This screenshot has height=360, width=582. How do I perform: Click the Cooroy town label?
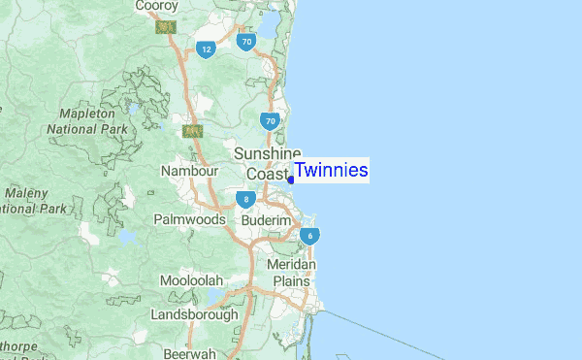tap(156, 7)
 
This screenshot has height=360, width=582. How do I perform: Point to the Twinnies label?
tap(331, 171)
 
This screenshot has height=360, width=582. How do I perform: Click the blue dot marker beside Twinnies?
tap(291, 180)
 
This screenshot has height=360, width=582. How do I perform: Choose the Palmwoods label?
tap(189, 219)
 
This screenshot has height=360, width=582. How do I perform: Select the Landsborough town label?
tap(194, 314)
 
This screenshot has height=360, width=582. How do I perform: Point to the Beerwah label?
tap(189, 353)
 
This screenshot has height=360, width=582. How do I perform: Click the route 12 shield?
tap(205, 49)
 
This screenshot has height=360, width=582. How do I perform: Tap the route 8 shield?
tap(246, 199)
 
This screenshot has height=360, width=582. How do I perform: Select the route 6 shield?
tap(309, 235)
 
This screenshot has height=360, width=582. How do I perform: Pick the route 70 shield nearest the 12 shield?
tap(247, 42)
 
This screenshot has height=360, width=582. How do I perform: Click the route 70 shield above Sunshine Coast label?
tap(270, 120)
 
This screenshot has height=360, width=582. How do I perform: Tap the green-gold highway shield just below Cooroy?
tap(165, 28)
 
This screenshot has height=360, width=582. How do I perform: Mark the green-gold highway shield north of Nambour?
tap(192, 130)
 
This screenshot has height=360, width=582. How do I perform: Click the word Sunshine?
tap(267, 154)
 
